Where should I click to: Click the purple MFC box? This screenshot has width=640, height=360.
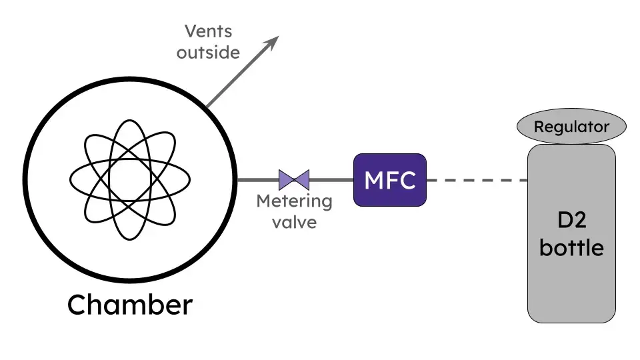[x=390, y=180]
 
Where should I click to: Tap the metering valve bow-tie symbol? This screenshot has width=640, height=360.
[x=294, y=180]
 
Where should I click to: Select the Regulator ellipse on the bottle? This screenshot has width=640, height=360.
[x=572, y=127]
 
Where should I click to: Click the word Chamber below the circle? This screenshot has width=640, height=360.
[x=130, y=305]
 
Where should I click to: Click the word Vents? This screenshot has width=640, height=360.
[x=208, y=31]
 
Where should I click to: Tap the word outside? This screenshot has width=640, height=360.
[x=208, y=52]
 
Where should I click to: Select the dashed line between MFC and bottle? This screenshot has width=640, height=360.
[x=477, y=180]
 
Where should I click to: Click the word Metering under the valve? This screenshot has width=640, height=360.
[x=294, y=201]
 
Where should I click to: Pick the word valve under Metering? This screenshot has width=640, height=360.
[x=294, y=221]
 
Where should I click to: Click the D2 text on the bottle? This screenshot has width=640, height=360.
[x=571, y=222]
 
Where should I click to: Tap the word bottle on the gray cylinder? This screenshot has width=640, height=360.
[x=571, y=248]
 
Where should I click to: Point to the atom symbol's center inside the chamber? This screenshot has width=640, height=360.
[x=130, y=179]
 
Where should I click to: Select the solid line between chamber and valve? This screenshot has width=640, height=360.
[x=258, y=180]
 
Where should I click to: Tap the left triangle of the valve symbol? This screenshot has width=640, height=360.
[x=287, y=180]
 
